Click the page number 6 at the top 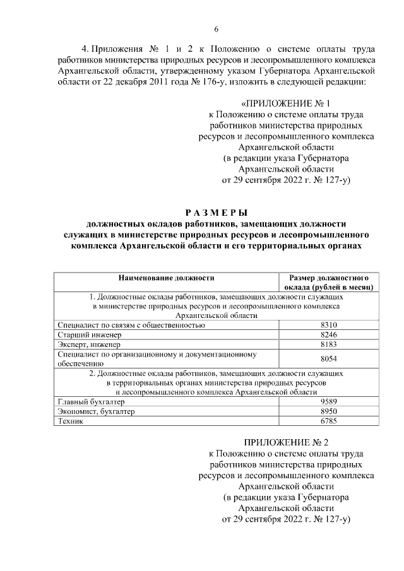216,29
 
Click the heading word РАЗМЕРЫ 216,212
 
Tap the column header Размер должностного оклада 329,281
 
